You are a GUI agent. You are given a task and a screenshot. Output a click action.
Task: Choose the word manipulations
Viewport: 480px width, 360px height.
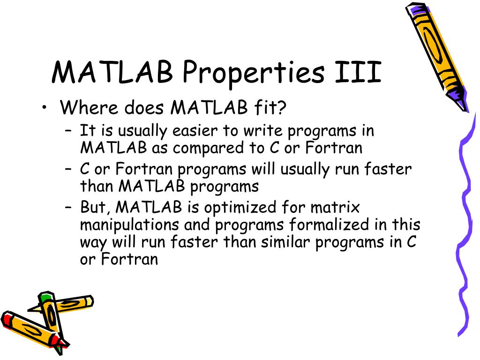click(x=129, y=225)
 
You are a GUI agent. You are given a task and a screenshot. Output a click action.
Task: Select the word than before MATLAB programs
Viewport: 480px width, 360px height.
click(x=97, y=187)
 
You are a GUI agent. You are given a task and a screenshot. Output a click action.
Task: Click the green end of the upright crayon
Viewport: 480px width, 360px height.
click(x=45, y=298)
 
